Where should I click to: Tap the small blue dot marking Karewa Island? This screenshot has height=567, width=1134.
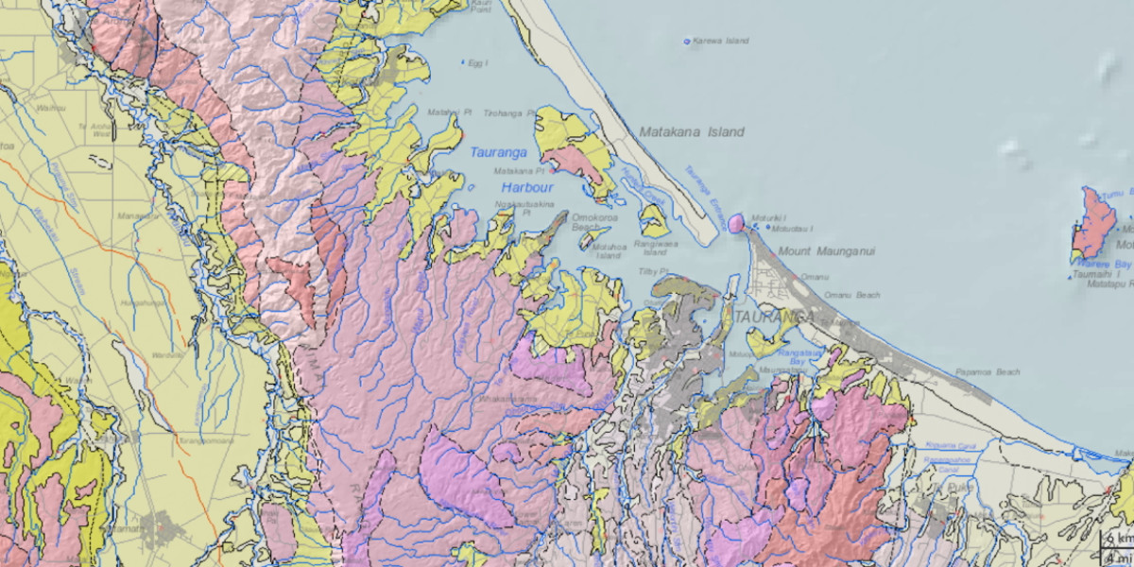pyautogui.click(x=687, y=42)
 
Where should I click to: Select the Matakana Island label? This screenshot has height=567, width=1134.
pyautogui.click(x=691, y=132)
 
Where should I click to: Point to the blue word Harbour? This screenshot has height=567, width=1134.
pyautogui.click(x=526, y=188)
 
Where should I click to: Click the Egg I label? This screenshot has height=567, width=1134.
pyautogui.click(x=478, y=63)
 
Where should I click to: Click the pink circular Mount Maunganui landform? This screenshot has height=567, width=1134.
pyautogui.click(x=736, y=223)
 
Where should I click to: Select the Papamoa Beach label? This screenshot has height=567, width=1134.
pyautogui.click(x=988, y=372)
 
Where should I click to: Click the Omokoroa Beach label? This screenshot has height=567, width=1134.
pyautogui.click(x=593, y=222)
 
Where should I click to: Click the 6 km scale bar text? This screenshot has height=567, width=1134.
pyautogui.click(x=1122, y=538)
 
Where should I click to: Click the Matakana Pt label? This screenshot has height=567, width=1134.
pyautogui.click(x=520, y=171)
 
